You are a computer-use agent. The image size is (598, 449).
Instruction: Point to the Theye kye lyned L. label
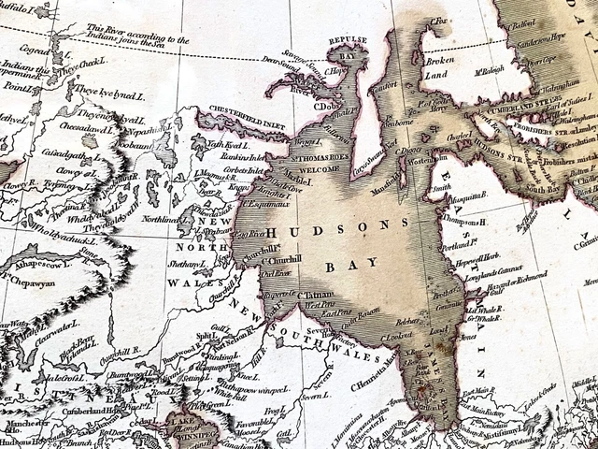(x=99, y=90)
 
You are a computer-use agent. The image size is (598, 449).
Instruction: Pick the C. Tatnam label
(x=310, y=294)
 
